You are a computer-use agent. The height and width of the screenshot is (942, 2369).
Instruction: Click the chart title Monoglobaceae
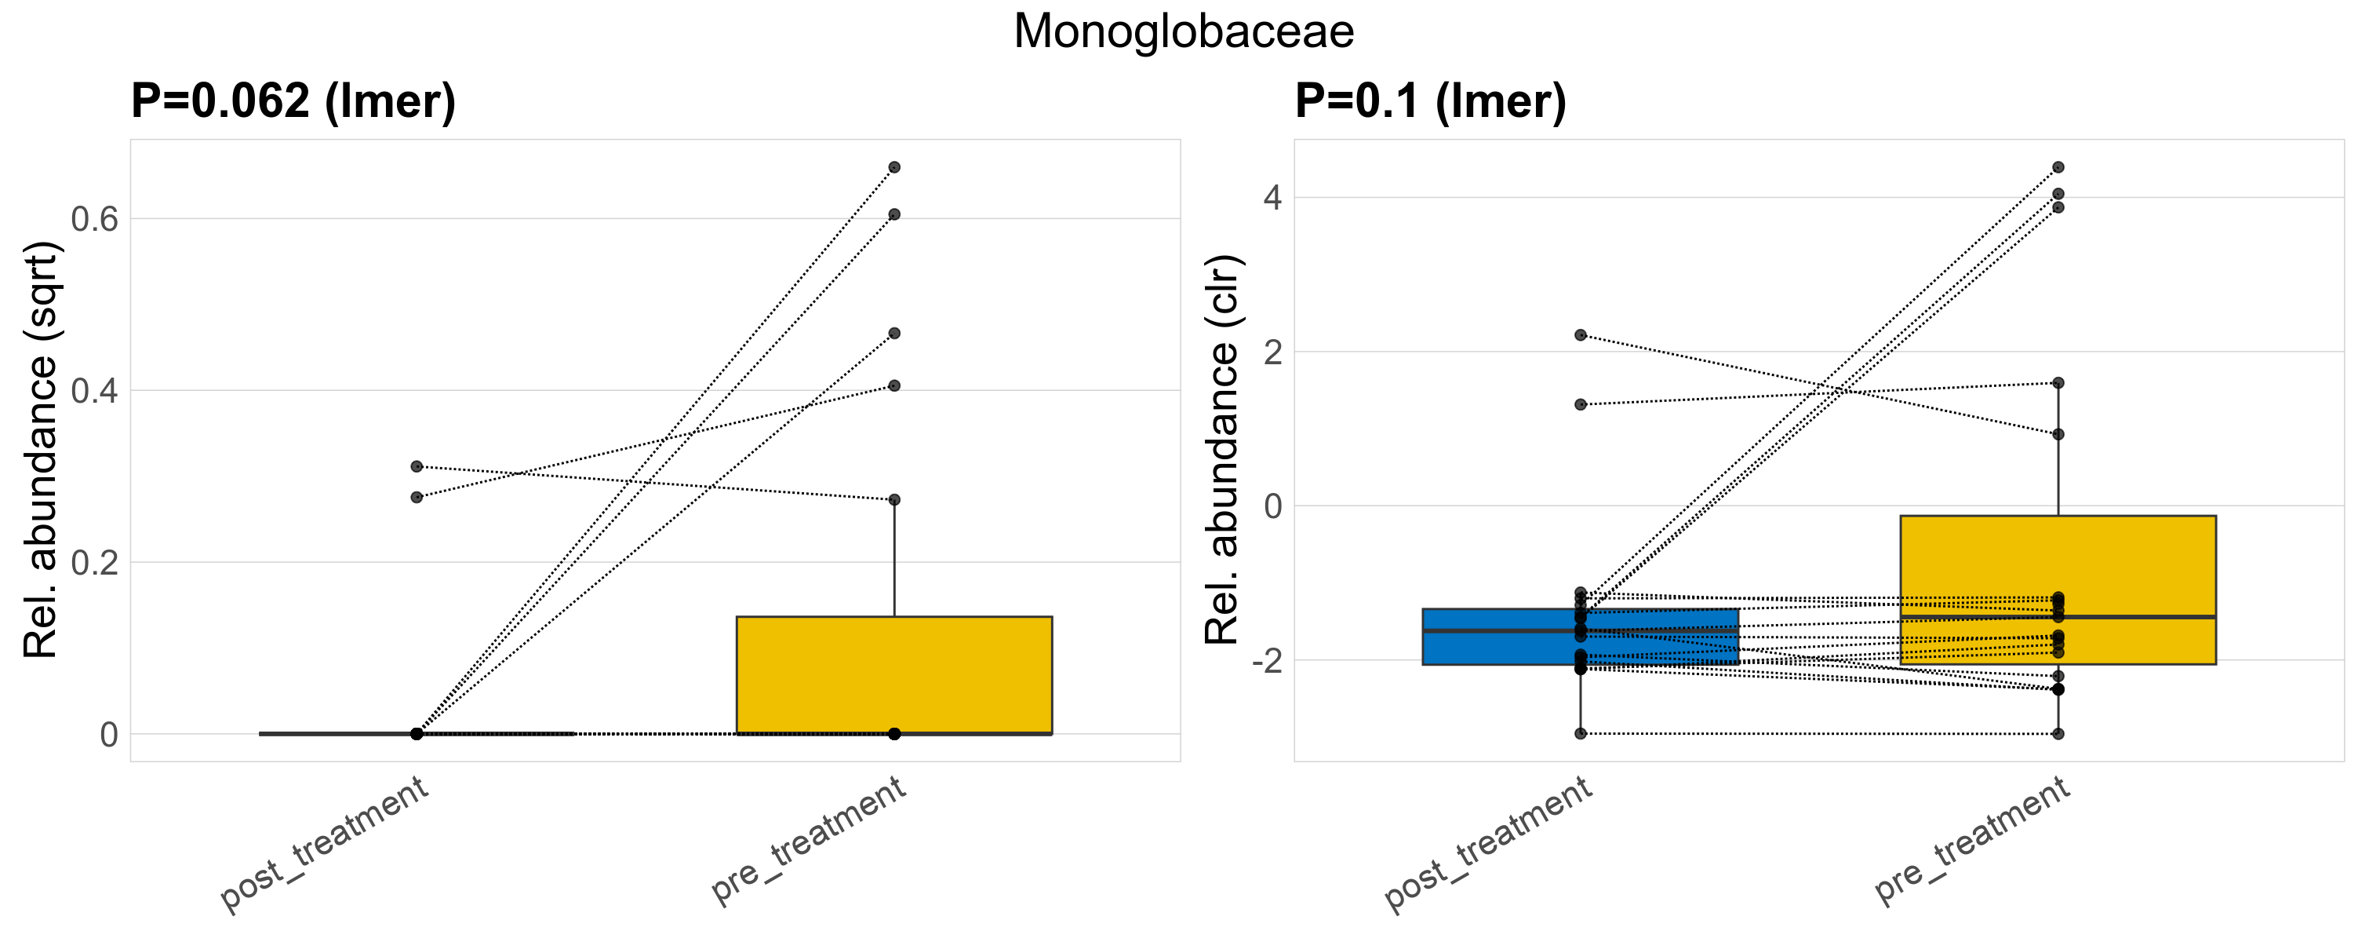pyautogui.click(x=1184, y=31)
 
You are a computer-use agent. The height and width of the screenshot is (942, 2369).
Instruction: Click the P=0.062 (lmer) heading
pyautogui.click(x=293, y=101)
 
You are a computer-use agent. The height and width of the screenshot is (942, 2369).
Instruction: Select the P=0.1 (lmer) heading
pyautogui.click(x=1430, y=101)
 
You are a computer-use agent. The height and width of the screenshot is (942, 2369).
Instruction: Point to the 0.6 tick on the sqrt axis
pyautogui.click(x=95, y=219)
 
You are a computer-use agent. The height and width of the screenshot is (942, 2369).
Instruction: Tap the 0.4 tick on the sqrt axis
pyautogui.click(x=95, y=391)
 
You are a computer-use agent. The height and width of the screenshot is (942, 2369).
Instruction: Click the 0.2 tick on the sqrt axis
pyautogui.click(x=95, y=563)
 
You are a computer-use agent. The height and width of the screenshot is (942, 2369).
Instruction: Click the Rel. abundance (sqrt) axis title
pyautogui.click(x=41, y=450)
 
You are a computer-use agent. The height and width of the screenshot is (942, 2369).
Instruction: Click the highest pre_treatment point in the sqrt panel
pyautogui.click(x=894, y=167)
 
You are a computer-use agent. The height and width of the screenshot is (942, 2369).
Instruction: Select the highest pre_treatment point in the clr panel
pyautogui.click(x=2058, y=167)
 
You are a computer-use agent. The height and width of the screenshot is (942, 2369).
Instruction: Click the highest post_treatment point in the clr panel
pyautogui.click(x=1580, y=336)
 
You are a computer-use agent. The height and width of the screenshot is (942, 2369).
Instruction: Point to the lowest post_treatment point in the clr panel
pyautogui.click(x=1580, y=734)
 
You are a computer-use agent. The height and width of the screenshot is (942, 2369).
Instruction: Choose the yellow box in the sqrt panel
pyautogui.click(x=894, y=674)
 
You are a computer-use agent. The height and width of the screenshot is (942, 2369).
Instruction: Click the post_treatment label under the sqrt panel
pyautogui.click(x=324, y=844)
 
